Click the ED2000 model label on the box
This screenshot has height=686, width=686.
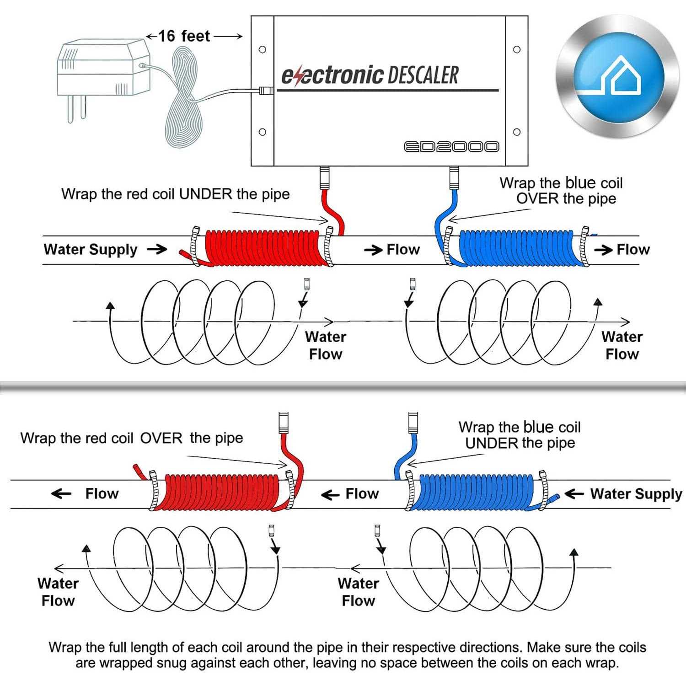point(451,146)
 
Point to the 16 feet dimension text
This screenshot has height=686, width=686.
point(184,36)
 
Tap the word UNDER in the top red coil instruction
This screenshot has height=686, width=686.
point(205,194)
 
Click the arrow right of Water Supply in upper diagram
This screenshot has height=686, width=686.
point(157,249)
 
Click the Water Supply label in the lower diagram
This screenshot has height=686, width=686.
point(636,494)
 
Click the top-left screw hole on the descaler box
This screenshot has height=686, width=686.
point(263,49)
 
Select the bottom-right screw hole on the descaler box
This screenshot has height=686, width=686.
point(517,132)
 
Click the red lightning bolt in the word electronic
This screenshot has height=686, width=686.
point(299,76)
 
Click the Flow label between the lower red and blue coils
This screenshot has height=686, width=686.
point(362,494)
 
